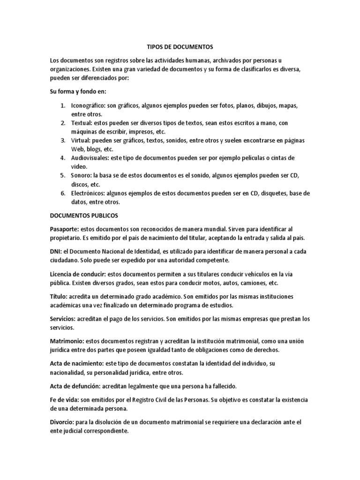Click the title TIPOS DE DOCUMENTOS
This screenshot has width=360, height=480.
(x=180, y=47)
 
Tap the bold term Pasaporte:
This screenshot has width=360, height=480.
(x=64, y=229)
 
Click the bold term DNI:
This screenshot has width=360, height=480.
(x=56, y=251)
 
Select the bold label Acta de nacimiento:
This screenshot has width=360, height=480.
(x=75, y=363)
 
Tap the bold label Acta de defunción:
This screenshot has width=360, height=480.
(x=75, y=386)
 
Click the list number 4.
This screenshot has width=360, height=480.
(x=62, y=158)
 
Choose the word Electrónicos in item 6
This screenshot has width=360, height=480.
(x=88, y=193)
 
